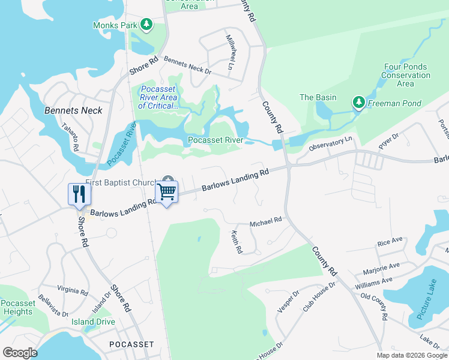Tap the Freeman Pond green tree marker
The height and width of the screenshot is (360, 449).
(x=359, y=103)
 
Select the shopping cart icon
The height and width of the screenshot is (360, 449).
(x=166, y=192)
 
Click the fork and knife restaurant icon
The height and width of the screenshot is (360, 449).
(x=79, y=194)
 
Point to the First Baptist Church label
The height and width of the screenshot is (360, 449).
(x=120, y=182)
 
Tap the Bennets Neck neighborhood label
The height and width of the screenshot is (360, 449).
(x=73, y=110)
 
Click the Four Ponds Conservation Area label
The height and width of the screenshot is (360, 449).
(x=406, y=76)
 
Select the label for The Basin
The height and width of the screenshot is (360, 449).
(x=318, y=97)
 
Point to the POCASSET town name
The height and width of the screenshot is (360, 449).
(x=131, y=344)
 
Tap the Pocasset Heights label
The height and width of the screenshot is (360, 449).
(x=17, y=308)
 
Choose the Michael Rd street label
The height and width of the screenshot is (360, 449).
(x=265, y=221)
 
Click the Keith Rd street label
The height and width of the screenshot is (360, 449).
(x=237, y=242)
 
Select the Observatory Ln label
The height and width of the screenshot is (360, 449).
(x=330, y=143)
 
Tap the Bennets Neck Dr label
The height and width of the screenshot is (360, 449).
(x=187, y=66)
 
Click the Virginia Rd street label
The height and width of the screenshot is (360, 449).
(x=73, y=290)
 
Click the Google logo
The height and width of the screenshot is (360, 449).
(x=20, y=353)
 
